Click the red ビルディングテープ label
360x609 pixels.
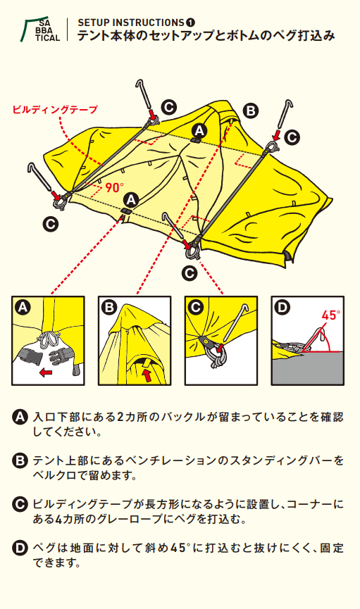[55, 109]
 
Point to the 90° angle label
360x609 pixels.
[114, 187]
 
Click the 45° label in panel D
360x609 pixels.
[331, 315]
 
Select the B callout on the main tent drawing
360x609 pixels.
[251, 110]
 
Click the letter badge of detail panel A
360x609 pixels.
[23, 307]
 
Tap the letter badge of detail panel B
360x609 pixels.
[108, 307]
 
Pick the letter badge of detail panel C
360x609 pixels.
[196, 307]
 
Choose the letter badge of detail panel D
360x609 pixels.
[283, 307]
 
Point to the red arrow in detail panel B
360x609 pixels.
[147, 374]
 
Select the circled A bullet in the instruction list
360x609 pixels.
[20, 417]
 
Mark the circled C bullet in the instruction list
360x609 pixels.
[20, 505]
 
